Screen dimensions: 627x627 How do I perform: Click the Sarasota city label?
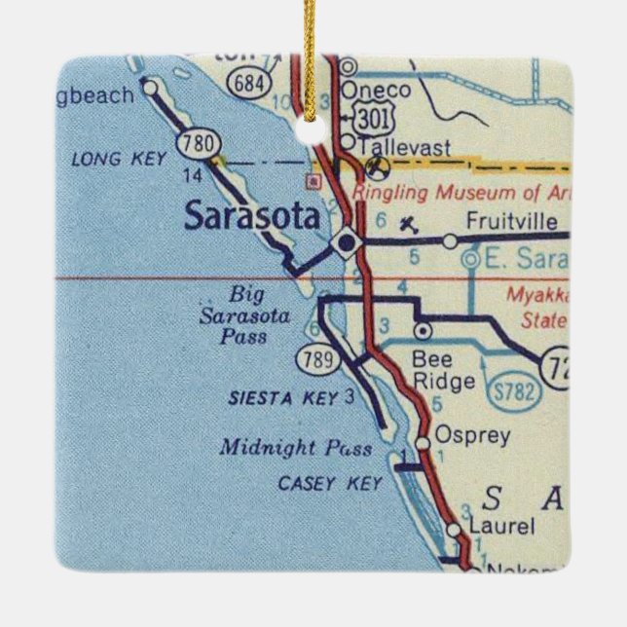[251, 216]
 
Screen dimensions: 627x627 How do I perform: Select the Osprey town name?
[472, 435]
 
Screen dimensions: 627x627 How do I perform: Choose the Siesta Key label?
[283, 397]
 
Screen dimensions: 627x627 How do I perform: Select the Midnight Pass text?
[295, 448]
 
